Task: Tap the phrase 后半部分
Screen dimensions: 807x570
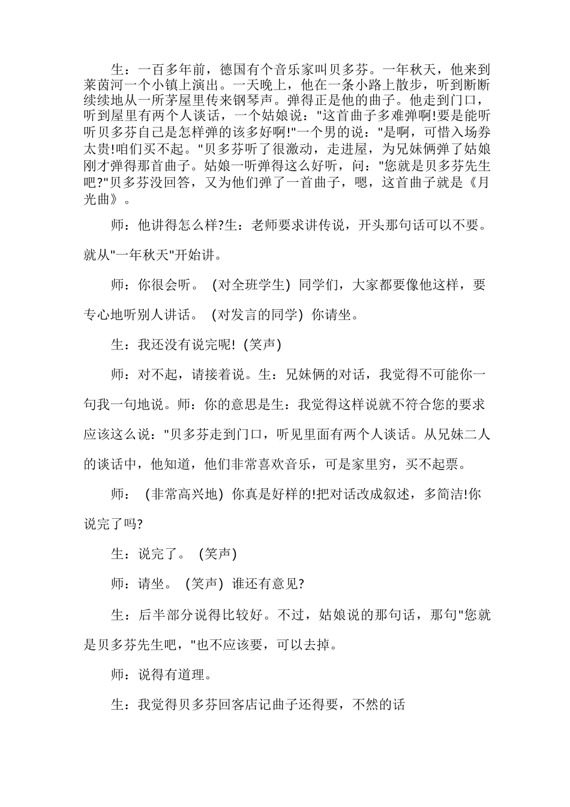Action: point(166,615)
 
